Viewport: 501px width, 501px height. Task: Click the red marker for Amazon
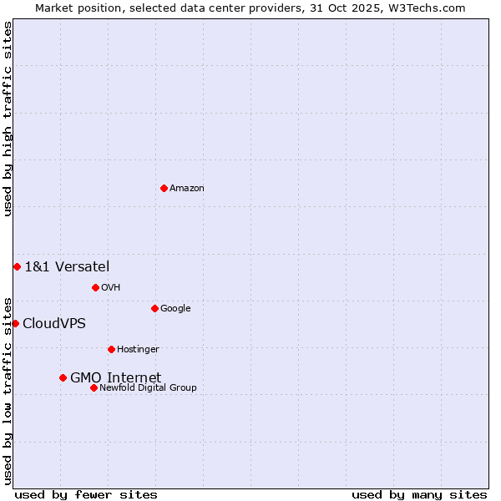point(164,188)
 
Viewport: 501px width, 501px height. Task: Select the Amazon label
point(187,188)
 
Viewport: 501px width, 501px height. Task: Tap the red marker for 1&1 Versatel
point(17,266)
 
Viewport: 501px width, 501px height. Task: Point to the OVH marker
point(95,287)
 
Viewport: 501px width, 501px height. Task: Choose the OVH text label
point(111,287)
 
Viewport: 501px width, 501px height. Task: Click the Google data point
point(154,308)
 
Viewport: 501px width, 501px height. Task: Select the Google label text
point(175,308)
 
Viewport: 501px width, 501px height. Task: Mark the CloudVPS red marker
point(15,323)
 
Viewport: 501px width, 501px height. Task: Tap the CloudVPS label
point(54,323)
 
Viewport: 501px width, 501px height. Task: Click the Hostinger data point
point(111,349)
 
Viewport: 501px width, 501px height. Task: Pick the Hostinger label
point(138,349)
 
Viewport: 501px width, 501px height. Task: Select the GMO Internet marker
point(63,377)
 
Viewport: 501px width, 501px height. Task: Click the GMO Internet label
point(115,377)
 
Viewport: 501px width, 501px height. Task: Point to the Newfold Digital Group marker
point(94,387)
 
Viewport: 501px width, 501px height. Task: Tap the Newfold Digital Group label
point(148,387)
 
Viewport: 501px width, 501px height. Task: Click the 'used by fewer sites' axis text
point(86,494)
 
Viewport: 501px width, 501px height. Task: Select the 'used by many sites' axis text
point(419,494)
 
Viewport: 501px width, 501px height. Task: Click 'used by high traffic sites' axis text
point(8,119)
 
